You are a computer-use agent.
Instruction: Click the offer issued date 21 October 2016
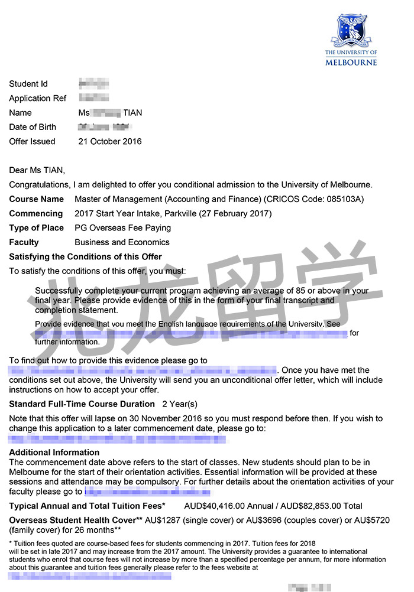tap(110, 141)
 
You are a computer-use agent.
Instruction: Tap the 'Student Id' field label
tap(28, 84)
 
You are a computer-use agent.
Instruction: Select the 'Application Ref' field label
tap(38, 98)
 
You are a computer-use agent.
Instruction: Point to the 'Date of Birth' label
tap(33, 127)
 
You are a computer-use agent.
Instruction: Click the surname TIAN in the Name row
tap(132, 113)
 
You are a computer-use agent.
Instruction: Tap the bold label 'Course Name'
tap(36, 199)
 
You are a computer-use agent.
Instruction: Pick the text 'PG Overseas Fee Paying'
tap(122, 227)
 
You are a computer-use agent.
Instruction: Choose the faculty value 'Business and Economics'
tap(122, 242)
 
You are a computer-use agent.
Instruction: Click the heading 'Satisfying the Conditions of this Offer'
tap(85, 256)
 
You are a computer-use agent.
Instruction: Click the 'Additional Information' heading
tap(54, 452)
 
